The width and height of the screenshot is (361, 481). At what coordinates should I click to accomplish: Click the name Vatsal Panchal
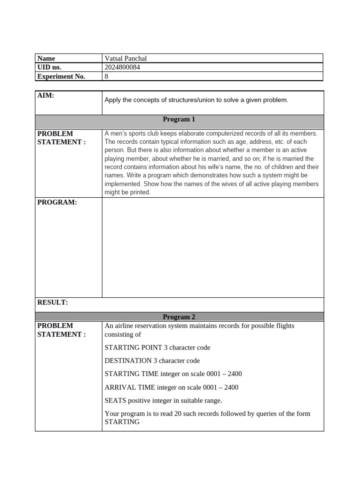point(126,58)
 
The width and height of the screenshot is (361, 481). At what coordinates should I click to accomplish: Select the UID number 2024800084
point(122,67)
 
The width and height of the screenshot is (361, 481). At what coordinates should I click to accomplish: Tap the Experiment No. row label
point(61,77)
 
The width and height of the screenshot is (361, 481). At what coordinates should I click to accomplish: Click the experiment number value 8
point(106,77)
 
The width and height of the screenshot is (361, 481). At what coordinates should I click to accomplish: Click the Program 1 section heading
point(179,119)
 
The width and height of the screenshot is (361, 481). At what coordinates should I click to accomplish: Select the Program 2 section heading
point(179,317)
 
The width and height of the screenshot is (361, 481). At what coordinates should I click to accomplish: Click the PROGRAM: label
point(56,202)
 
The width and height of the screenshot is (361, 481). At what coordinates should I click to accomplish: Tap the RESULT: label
point(53,303)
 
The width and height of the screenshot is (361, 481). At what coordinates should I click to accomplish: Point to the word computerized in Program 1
point(207,133)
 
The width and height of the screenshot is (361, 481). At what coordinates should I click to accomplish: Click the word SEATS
point(114,401)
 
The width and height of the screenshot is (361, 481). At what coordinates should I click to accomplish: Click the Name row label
point(46,58)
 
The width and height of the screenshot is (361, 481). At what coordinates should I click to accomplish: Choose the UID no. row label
point(49,67)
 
